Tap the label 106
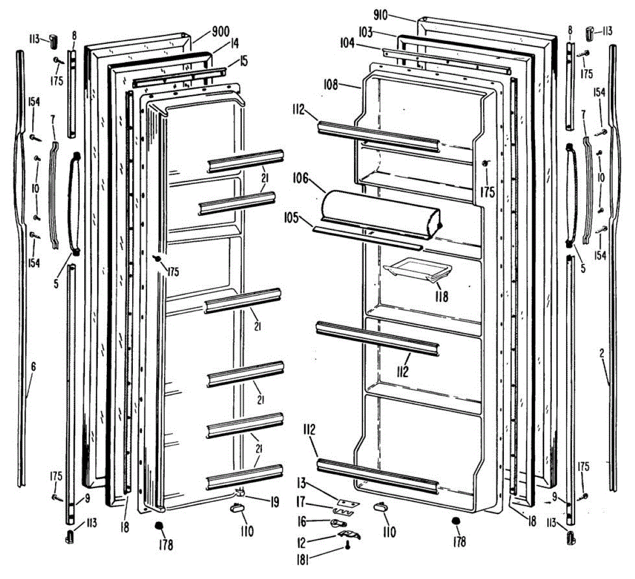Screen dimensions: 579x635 [301, 179]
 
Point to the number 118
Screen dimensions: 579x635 [441, 296]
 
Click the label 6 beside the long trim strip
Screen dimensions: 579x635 [33, 366]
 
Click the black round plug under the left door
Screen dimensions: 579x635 [158, 526]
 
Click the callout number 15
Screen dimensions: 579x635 [243, 61]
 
